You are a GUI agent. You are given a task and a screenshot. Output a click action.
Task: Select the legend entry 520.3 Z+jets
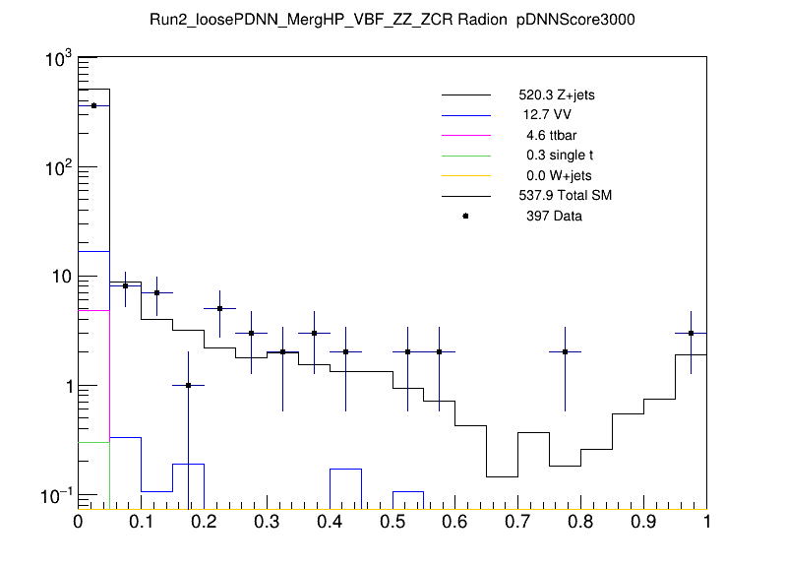coord(556,96)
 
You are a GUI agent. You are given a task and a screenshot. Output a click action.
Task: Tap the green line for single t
coord(465,156)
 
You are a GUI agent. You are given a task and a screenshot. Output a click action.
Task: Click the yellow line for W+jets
coord(465,175)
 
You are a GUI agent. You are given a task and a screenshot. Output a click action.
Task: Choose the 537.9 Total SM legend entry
coord(565,196)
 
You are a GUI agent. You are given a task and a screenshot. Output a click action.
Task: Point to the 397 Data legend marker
coord(465,216)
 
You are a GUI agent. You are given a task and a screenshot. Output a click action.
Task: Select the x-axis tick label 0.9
coord(643,521)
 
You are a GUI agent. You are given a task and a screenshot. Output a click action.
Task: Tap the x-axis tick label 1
coord(705,521)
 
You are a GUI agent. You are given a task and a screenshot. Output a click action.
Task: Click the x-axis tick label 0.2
coord(204,521)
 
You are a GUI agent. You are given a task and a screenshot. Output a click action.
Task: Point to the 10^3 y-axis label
coord(59,60)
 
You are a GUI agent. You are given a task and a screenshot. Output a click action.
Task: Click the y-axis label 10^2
coord(59,168)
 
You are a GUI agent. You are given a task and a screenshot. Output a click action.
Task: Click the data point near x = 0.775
coord(566,351)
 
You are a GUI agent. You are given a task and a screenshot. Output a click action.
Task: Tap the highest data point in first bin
coord(93,105)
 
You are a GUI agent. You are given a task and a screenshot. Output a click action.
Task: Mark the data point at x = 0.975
coord(692,333)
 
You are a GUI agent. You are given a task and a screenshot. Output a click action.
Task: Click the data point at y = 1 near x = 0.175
coord(188,385)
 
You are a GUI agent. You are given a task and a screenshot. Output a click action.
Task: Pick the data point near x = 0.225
coord(219,308)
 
